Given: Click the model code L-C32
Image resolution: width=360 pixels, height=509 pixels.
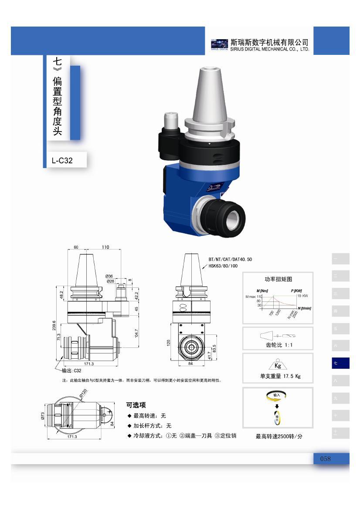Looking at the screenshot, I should [x=62, y=161].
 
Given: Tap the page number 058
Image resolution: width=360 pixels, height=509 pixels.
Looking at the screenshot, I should [x=326, y=458].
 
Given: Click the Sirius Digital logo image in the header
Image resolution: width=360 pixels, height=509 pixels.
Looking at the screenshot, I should [x=219, y=45].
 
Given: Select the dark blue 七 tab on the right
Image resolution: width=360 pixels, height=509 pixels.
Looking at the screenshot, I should [x=340, y=363].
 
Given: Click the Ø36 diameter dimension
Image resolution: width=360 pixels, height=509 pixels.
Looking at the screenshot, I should [x=109, y=276].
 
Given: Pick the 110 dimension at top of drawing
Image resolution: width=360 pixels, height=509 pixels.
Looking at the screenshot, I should [x=105, y=247].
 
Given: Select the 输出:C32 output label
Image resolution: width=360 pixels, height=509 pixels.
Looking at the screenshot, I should [x=71, y=371].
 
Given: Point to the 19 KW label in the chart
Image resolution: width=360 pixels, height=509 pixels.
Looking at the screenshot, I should [x=302, y=296].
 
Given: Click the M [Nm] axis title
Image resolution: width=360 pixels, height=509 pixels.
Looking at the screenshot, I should [x=262, y=290].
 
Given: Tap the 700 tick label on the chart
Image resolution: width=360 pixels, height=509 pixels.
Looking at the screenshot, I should [x=272, y=313].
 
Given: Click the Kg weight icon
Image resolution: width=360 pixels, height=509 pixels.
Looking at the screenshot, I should [x=278, y=365].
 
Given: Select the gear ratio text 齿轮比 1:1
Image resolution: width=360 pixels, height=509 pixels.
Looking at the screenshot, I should [x=278, y=345].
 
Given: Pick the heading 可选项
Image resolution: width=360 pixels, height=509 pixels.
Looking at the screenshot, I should [x=136, y=405].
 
